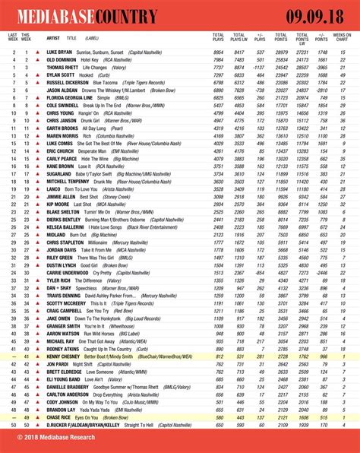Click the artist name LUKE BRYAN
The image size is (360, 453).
60,51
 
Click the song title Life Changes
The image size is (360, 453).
95,67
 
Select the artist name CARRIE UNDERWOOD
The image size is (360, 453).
68,271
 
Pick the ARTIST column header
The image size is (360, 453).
53,37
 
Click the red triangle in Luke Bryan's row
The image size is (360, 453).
36,51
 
